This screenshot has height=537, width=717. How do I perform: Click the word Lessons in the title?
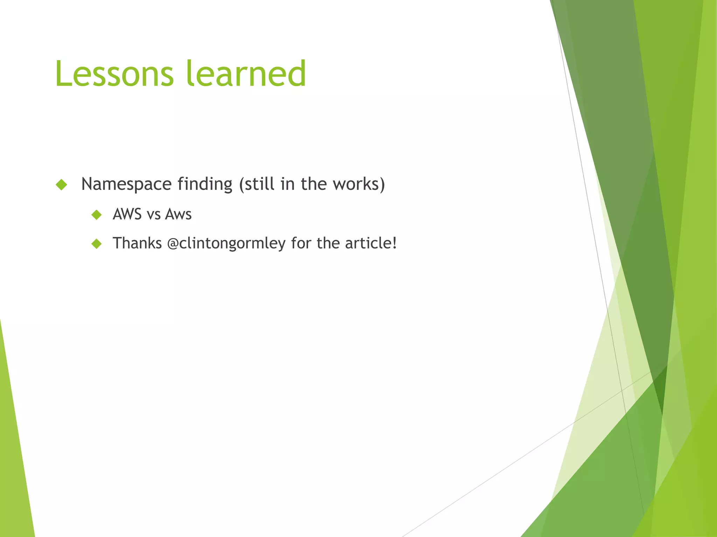pos(114,74)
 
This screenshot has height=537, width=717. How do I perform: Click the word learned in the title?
pos(246,74)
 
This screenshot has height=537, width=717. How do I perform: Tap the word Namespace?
pos(126,184)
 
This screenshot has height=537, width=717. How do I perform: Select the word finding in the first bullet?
pos(205,184)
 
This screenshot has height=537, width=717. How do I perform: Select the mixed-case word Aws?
pos(178,214)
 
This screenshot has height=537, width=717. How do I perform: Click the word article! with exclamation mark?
pos(371,243)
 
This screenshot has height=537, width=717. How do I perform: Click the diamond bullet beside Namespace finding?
pos(61,185)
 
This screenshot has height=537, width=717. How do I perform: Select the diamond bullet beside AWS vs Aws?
pos(96,215)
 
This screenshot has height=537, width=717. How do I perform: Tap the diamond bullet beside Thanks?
pos(96,244)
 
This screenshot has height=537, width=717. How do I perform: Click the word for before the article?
pos(301,243)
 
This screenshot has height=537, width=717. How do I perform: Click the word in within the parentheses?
pos(287,184)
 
